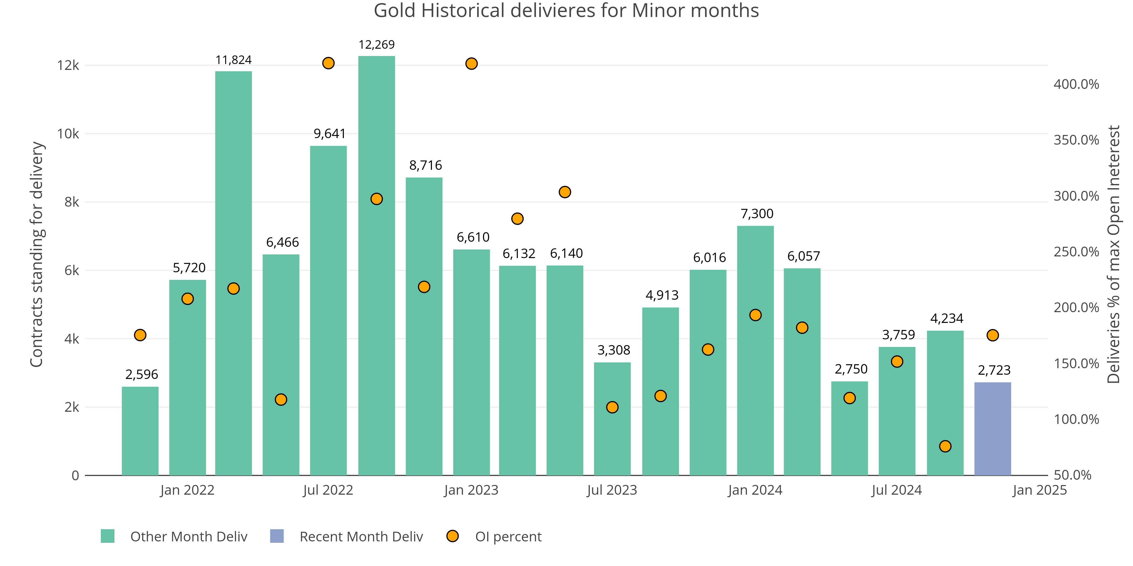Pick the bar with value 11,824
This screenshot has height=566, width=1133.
[x=234, y=273]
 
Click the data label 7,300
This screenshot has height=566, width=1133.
[x=757, y=214]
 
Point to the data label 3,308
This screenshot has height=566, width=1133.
[x=614, y=350]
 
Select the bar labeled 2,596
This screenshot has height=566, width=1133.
[x=140, y=431]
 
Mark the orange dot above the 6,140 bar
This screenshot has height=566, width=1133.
[x=565, y=192]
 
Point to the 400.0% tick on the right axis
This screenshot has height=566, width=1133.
[x=1076, y=84]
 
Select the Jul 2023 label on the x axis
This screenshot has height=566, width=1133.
[x=612, y=490]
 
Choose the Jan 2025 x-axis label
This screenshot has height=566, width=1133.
[x=1039, y=490]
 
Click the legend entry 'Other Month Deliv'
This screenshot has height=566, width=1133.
[x=189, y=537]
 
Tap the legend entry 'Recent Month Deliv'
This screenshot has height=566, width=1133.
[x=361, y=537]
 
